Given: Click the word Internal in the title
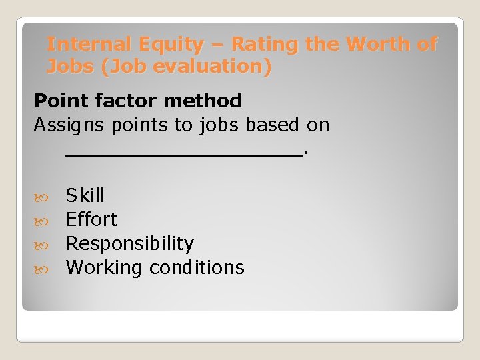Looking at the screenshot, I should coord(92,45).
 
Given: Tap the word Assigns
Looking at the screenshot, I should coord(63,125).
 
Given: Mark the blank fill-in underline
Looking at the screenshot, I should coord(184,153).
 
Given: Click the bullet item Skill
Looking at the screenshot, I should coord(85,195).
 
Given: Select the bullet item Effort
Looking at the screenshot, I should coord(91,219).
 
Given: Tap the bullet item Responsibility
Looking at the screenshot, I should coord(130,243).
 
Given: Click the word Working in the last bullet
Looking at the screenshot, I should coord(104,268).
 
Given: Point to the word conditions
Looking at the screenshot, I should coord(197,268).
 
